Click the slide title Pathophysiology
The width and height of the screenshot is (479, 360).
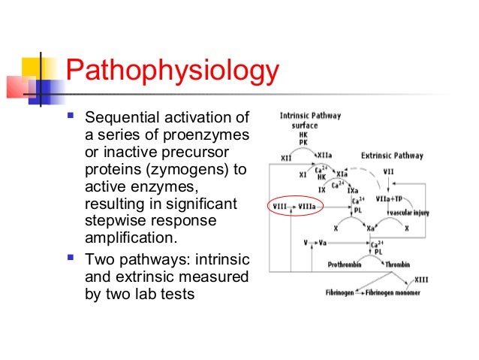[x=172, y=74]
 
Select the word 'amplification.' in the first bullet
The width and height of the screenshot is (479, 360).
[x=132, y=239]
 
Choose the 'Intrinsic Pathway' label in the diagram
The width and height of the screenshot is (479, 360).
[x=310, y=116]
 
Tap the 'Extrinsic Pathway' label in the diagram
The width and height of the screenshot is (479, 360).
[x=392, y=156]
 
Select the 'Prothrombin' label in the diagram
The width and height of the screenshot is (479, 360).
[x=347, y=265]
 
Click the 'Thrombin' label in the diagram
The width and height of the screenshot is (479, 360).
[x=398, y=265]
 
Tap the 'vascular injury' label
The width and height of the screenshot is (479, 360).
[x=407, y=213]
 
